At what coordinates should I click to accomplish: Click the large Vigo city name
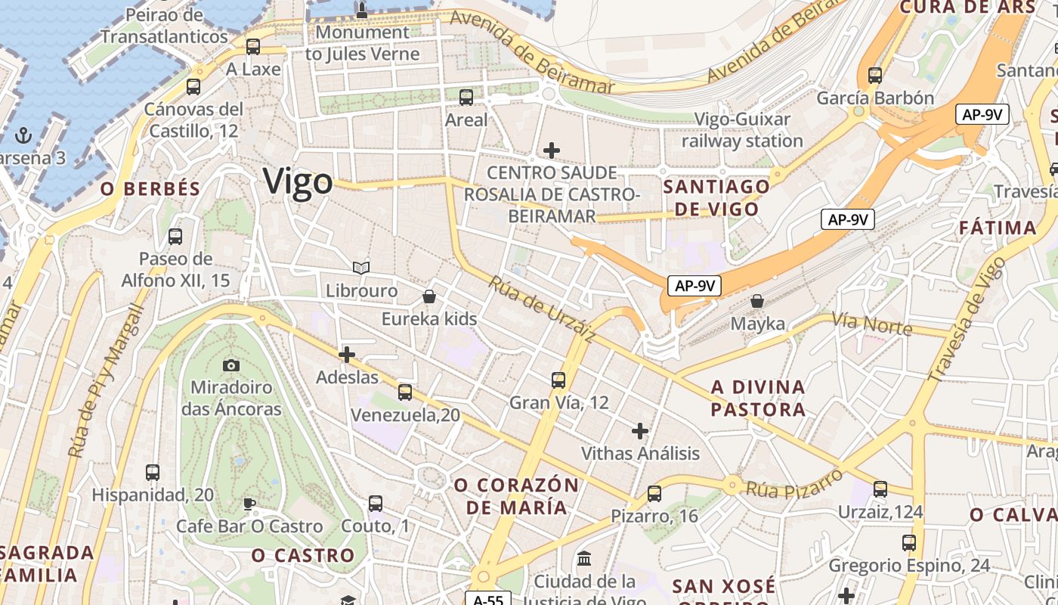pos(298,181)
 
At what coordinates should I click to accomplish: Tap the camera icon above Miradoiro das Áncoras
pos(231,366)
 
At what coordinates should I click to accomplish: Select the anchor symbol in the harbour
pos(23,136)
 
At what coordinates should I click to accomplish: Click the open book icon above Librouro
pos(361,268)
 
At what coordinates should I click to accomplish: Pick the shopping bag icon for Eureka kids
pos(429,296)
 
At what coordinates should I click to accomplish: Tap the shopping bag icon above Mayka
pos(757,301)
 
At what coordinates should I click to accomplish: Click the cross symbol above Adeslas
pos(347,354)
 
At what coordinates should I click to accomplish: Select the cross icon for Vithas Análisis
pos(640,431)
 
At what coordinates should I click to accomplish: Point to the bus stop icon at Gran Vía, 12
pos(558,380)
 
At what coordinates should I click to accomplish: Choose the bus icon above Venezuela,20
pos(405,392)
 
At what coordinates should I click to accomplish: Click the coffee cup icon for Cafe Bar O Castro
pos(249,504)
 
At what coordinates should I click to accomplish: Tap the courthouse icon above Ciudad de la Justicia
pos(584,559)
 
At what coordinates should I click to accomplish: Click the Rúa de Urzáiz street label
pos(542,309)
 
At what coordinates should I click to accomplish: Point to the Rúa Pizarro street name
pos(794,483)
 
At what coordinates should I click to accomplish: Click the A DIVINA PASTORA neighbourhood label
pos(758,399)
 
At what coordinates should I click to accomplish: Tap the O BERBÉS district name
pos(151,189)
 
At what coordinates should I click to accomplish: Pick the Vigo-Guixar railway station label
pos(742,130)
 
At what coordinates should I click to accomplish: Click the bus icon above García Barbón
pos(875,76)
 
